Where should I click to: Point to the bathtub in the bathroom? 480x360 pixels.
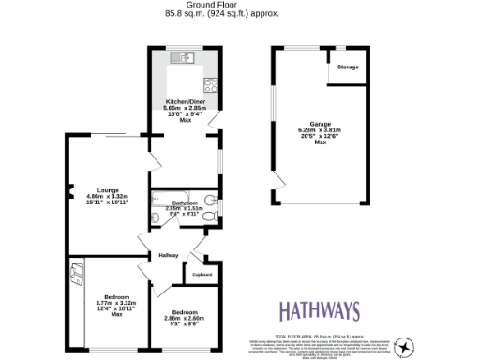(x=183, y=211)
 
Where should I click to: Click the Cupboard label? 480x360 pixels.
(x=202, y=274)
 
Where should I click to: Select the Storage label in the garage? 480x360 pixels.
(x=348, y=67)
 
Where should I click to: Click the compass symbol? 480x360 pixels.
(x=404, y=345)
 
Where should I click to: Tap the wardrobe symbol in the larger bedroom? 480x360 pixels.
(x=77, y=277)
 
